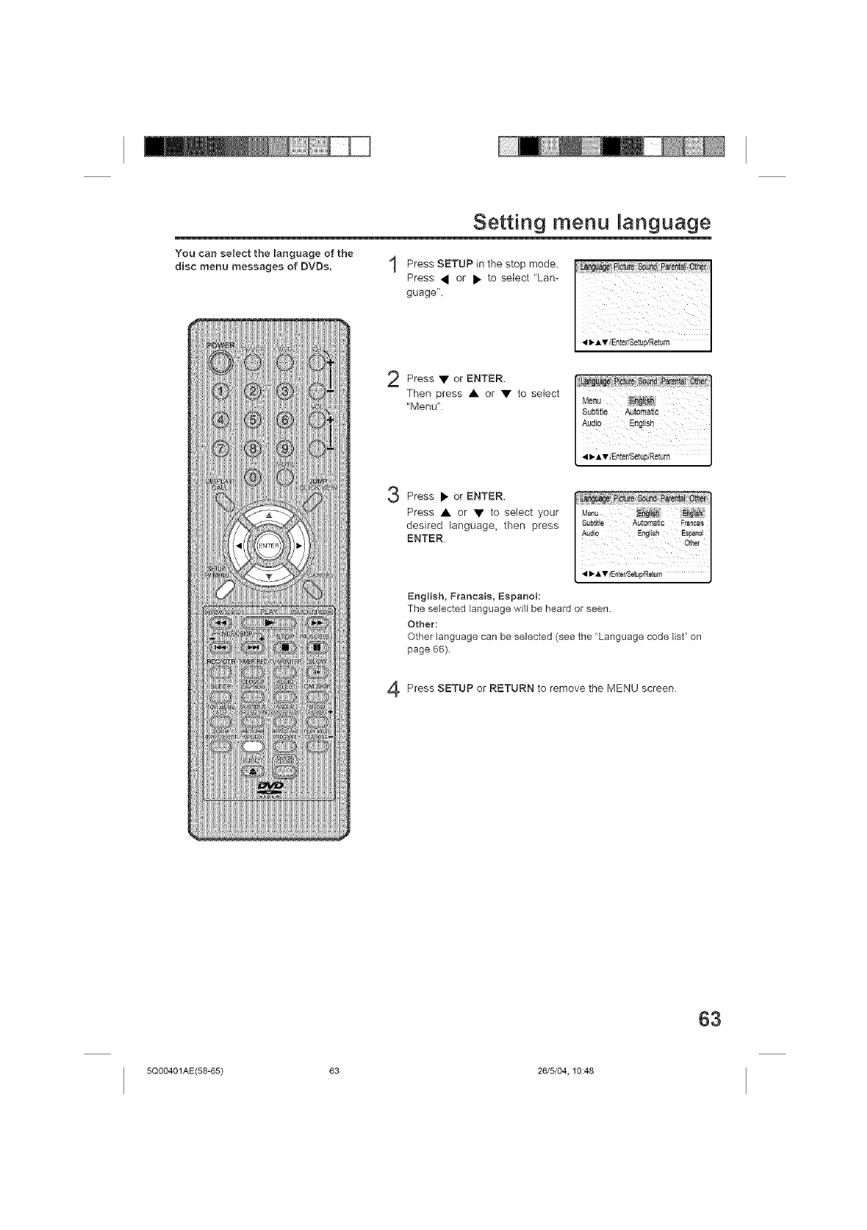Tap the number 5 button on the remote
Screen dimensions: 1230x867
(x=252, y=420)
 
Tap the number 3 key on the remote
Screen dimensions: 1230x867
(x=285, y=391)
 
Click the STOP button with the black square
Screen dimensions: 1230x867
(x=285, y=647)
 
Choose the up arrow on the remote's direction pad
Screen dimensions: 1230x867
(x=268, y=516)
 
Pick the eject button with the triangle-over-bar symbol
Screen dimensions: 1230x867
(x=252, y=771)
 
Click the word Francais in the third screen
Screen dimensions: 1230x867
(x=691, y=522)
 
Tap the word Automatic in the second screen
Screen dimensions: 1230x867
(x=641, y=411)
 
